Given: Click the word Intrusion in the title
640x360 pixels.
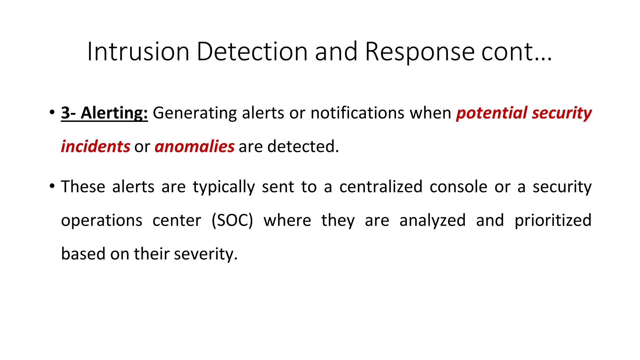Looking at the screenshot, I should [138, 52].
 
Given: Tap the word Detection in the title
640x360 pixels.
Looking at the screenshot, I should [252, 52].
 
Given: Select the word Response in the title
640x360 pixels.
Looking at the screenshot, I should [420, 52].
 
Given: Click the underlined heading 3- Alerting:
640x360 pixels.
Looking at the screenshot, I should [104, 113].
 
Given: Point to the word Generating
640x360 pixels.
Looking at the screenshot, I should [194, 113].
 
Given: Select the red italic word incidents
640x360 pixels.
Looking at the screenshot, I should [95, 147].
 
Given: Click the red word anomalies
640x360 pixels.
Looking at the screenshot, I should [194, 147].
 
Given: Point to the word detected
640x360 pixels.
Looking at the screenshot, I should [302, 147].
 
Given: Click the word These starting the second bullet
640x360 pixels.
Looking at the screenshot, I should [83, 187].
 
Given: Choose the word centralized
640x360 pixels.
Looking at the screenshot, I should [381, 187].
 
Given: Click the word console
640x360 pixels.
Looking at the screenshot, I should [458, 187].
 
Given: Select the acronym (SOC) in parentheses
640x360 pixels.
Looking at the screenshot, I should [232, 220].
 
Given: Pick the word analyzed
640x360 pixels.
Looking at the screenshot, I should [432, 220].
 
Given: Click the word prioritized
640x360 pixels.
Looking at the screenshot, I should [553, 220].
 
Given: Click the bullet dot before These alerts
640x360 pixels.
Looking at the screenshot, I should [52, 187].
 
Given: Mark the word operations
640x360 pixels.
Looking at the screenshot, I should [102, 221].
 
